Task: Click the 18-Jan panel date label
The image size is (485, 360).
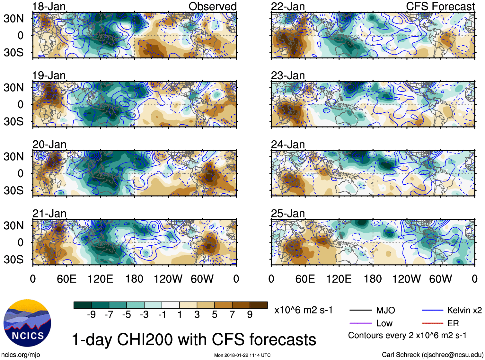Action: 49,6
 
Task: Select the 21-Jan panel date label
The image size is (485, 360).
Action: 49,214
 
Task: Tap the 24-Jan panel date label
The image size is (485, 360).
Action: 288,145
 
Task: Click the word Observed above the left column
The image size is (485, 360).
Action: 212,6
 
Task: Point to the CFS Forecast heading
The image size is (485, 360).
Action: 440,6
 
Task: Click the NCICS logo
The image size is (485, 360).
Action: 27,323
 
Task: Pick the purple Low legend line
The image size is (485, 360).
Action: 360,323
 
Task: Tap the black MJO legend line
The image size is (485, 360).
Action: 360,310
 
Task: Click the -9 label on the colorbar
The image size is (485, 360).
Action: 91,315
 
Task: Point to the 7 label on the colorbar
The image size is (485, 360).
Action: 232,315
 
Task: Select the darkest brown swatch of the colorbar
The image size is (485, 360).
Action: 259,305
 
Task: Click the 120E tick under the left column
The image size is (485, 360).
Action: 100,279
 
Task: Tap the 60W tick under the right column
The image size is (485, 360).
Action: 440,279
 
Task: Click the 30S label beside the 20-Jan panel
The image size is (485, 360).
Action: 13,190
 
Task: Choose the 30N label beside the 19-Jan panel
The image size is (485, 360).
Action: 13,87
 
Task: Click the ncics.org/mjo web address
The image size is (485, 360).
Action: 21,355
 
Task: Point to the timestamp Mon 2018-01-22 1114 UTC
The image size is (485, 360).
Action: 242,355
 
